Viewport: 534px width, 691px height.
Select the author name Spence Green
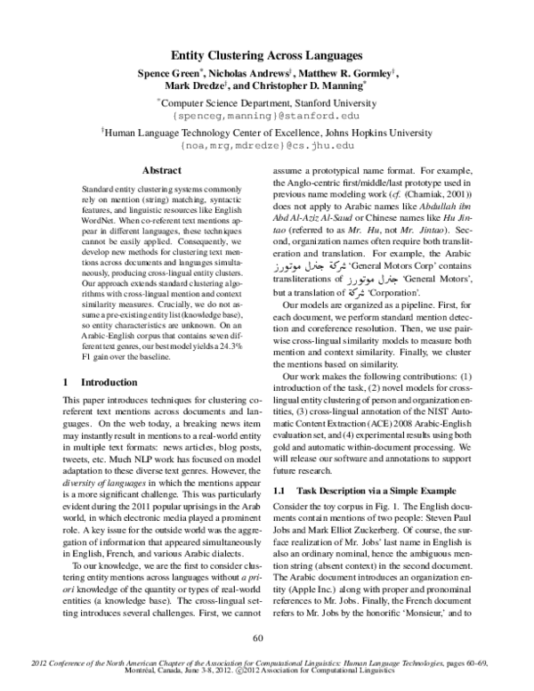click(170, 72)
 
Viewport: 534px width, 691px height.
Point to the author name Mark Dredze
click(196, 87)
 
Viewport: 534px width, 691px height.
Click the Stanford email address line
click(266, 116)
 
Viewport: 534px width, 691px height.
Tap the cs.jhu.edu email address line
click(267, 144)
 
